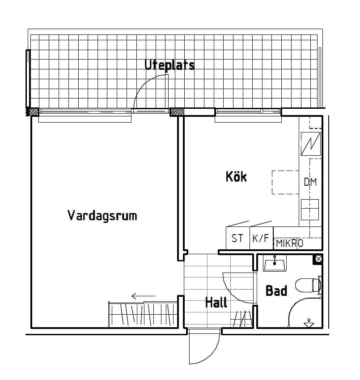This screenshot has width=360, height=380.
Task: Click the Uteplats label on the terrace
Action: tap(169, 65)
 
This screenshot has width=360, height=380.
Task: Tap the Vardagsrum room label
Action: tap(102, 216)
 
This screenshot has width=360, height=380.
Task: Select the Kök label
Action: tap(236, 177)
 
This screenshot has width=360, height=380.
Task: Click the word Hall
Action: tap(216, 303)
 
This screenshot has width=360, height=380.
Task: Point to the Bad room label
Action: tap(276, 291)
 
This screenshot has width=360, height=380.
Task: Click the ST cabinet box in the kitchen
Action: tap(237, 238)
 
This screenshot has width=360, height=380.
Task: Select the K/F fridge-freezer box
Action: tap(261, 238)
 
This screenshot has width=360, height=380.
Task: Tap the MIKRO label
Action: tap(289, 243)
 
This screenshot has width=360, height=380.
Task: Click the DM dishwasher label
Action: tap(310, 182)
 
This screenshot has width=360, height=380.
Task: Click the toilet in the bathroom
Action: tap(310, 285)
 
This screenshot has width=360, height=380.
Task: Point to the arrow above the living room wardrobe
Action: tap(143, 296)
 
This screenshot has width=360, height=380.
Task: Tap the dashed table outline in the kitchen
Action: tap(285, 182)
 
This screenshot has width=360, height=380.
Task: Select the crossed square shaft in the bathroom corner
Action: tap(318, 259)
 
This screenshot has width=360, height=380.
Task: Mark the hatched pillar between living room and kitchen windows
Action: tap(177, 111)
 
